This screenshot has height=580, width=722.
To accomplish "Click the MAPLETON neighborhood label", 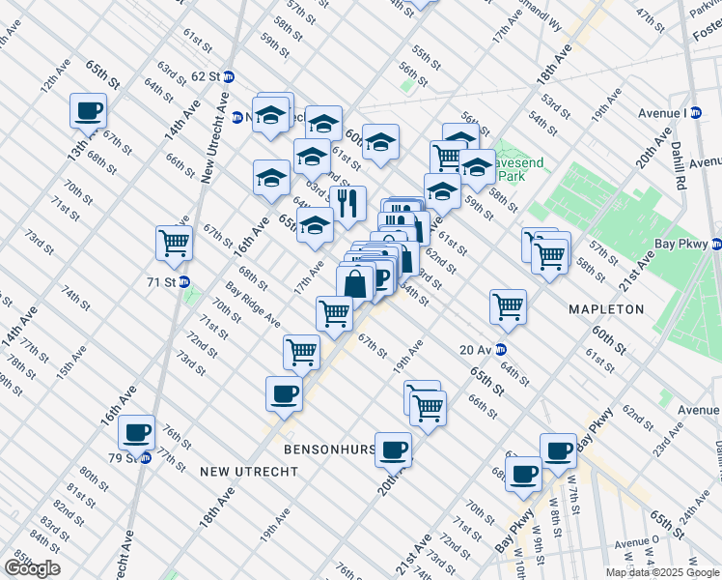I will [606, 309].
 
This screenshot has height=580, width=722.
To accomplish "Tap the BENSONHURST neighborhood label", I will [327, 450].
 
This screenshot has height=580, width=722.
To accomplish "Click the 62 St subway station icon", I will [229, 75].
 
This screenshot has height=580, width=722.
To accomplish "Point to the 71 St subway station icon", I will [183, 282].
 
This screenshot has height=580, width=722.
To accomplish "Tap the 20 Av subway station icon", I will [500, 350].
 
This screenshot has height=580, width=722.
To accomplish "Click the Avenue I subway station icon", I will [695, 113].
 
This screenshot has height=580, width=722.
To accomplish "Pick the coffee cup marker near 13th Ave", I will [89, 110].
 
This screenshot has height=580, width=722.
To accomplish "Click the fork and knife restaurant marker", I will [347, 203].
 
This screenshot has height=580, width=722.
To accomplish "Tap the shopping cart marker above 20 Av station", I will [508, 306].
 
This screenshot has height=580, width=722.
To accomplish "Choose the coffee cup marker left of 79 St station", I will [136, 431].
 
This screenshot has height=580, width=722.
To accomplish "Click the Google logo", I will [32, 568].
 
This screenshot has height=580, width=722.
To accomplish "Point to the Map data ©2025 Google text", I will [662, 572].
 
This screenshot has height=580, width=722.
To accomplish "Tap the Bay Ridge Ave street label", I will [253, 304].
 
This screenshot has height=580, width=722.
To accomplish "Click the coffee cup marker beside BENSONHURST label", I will [394, 449].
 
